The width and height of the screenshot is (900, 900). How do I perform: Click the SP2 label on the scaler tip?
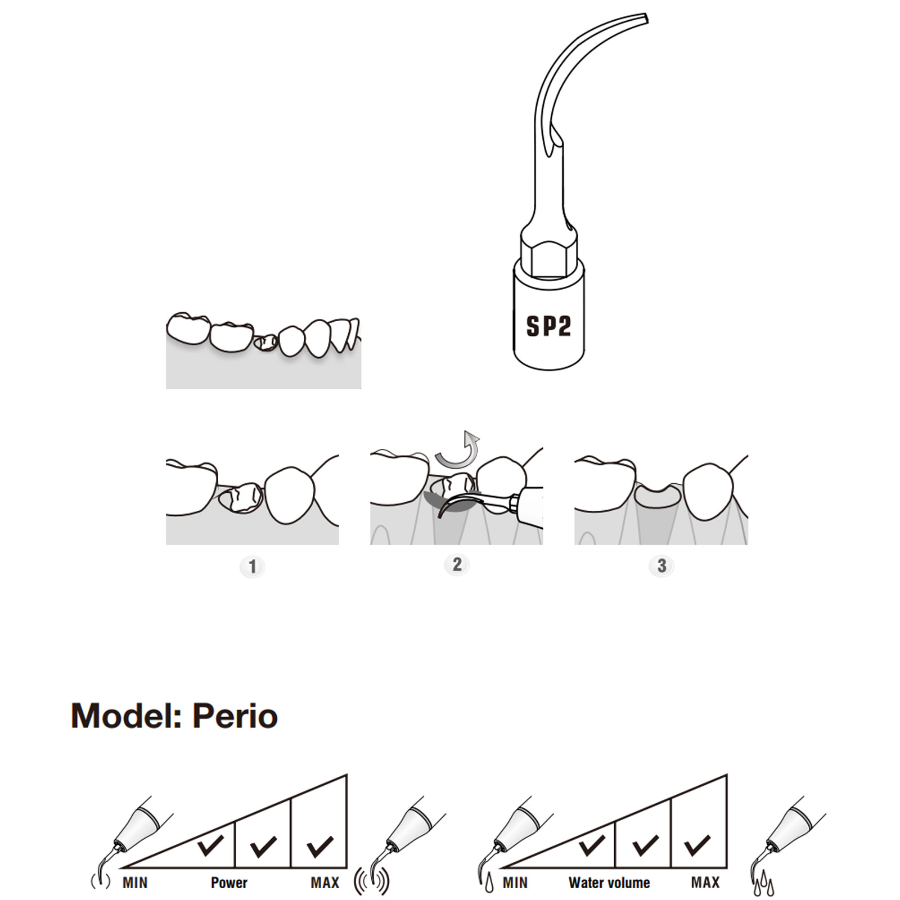548,326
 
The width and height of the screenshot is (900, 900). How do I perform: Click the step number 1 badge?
252,566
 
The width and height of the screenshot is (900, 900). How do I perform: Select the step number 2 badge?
457,564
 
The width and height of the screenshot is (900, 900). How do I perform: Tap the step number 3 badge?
661,566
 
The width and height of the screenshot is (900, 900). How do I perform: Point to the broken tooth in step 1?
241,498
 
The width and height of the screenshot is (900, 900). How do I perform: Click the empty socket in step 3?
656,496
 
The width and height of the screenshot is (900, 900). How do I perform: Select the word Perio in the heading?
235,716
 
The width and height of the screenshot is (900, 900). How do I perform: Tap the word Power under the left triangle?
229,883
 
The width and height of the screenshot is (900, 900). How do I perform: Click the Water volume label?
609,883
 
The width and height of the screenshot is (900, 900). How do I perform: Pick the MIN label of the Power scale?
135,883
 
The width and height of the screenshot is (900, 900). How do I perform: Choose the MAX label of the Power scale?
325,883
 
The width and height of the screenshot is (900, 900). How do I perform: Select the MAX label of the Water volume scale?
705,883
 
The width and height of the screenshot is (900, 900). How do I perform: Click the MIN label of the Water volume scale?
515,883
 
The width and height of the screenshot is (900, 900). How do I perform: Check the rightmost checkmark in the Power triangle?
319,846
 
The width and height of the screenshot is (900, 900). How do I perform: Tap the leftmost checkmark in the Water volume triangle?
591,845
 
